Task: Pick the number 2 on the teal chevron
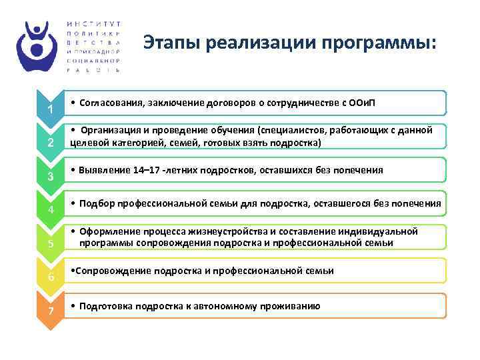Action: click(49, 143)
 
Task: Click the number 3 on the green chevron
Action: click(49, 176)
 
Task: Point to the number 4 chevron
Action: click(49, 210)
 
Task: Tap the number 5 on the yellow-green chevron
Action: click(49, 243)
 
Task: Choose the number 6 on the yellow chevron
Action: click(49, 277)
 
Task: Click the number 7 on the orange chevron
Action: click(49, 311)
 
